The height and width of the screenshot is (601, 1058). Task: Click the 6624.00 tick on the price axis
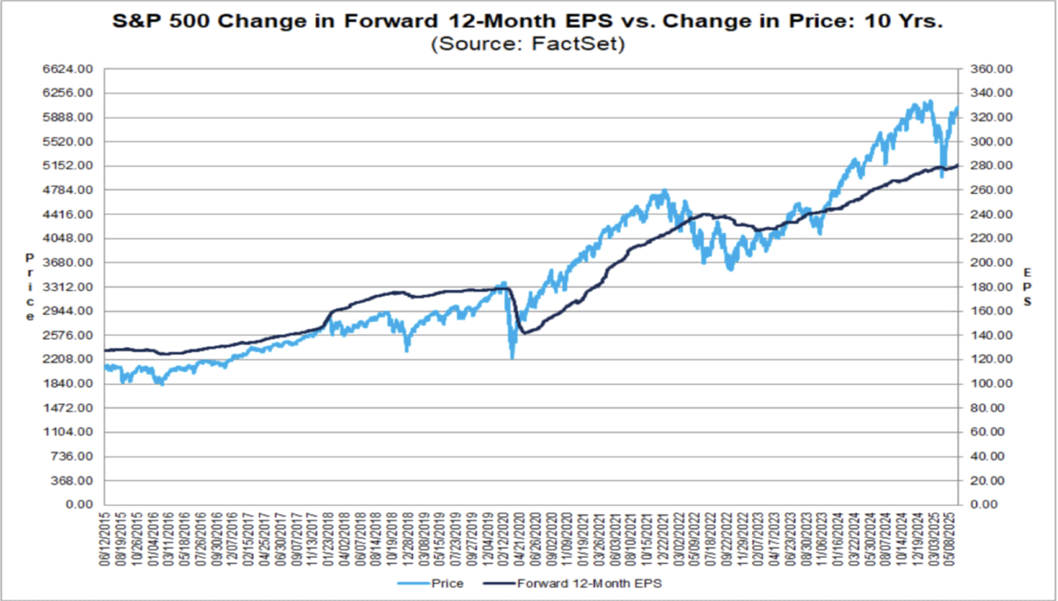[x=68, y=69]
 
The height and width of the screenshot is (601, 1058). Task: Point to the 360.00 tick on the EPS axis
[x=991, y=69]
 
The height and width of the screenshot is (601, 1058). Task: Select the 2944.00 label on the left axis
[x=68, y=311]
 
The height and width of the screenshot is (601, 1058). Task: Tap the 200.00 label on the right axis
[x=991, y=263]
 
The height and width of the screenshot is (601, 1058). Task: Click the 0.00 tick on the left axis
[x=79, y=505]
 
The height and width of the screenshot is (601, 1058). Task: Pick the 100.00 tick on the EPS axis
[x=991, y=384]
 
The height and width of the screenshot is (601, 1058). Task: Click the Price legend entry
[x=447, y=584]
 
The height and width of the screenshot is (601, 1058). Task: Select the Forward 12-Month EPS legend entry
[x=589, y=584]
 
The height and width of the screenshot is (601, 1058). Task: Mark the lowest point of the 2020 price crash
[x=512, y=358]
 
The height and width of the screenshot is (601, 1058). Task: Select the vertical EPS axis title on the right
[x=1027, y=287]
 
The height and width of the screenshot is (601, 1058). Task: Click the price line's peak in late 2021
[x=666, y=191]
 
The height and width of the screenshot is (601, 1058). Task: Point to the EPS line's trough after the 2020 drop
[x=524, y=333]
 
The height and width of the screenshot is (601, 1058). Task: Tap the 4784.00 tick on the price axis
[x=68, y=190]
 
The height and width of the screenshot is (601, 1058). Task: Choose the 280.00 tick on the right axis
[x=991, y=166]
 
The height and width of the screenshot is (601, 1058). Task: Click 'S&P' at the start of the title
[x=135, y=21]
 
